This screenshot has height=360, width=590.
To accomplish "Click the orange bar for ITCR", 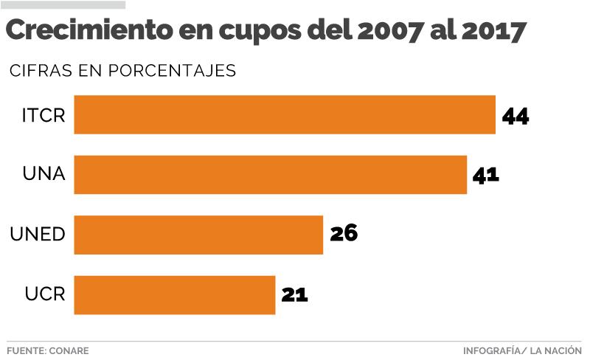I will (x=285, y=114).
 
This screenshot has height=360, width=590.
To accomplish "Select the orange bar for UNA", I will (x=270, y=175).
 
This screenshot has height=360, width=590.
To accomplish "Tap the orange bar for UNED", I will (x=198, y=235).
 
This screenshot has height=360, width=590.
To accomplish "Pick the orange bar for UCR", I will (x=175, y=295).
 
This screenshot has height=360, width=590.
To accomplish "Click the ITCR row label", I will (x=44, y=115).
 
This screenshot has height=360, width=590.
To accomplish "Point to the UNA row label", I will (x=44, y=175).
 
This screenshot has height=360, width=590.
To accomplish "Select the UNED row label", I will (x=38, y=235).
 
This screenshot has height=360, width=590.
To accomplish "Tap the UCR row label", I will (x=45, y=294).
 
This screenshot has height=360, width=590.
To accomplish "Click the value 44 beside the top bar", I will (x=516, y=116).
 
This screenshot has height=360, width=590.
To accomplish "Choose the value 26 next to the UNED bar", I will (x=344, y=234).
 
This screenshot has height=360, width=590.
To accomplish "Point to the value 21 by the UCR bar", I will (x=294, y=294).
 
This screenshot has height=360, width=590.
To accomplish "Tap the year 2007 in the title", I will (x=392, y=31).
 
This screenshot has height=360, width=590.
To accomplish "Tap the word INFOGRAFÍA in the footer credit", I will (x=493, y=350).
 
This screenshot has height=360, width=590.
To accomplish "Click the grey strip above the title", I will (x=63, y=5).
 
